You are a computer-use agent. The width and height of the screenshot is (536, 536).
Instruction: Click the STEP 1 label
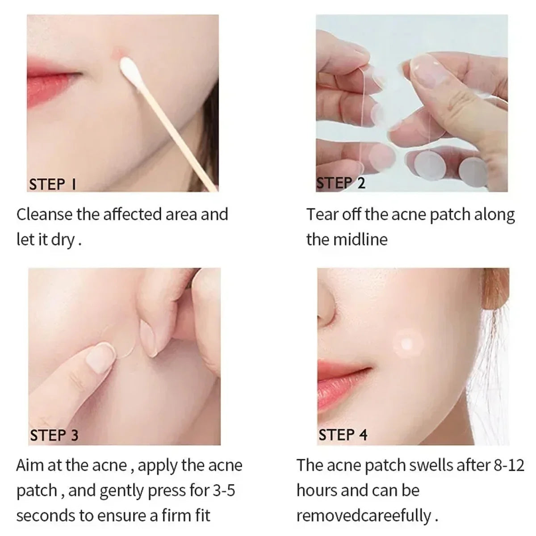coord(53,184)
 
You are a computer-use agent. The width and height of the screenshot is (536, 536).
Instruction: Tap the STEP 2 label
coord(341,183)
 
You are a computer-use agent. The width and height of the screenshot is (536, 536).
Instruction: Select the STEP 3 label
coord(54,435)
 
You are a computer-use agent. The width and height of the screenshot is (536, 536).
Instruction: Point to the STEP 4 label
coord(343,435)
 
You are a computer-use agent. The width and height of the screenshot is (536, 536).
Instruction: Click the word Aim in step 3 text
coord(29,465)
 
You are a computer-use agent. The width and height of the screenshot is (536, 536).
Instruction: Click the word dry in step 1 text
coord(63,240)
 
